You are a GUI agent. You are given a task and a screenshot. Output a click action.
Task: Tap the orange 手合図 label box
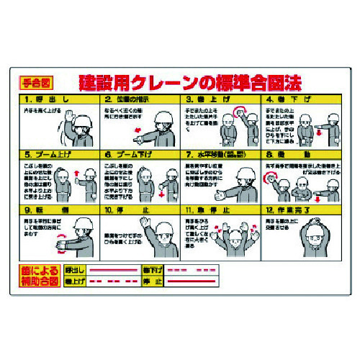click(x=35, y=82)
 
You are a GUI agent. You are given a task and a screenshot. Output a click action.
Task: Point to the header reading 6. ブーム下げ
click(x=140, y=153)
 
